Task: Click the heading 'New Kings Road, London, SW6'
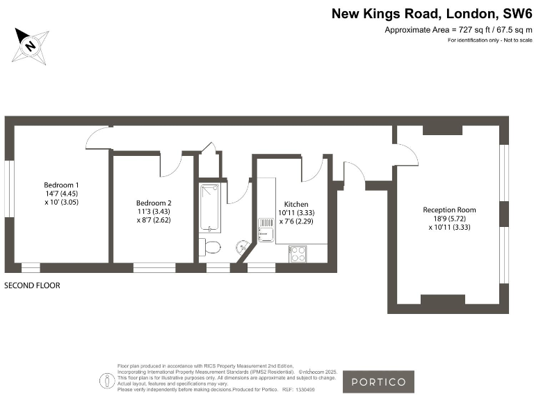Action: tap(430, 13)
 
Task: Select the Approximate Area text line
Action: tap(458, 30)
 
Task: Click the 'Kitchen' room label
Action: tap(293, 203)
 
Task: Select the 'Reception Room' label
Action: tap(449, 210)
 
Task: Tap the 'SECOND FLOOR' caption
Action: tap(32, 285)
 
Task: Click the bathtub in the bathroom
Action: tap(211, 207)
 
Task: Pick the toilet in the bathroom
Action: tap(210, 246)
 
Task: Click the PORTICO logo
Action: tap(378, 382)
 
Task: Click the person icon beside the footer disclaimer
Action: tap(106, 381)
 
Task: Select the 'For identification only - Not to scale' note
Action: tap(489, 41)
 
